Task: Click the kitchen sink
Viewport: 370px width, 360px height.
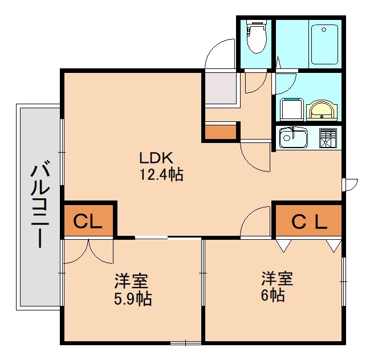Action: (293, 137)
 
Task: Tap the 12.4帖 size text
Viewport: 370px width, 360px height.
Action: (161, 174)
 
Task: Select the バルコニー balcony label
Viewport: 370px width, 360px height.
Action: (39, 205)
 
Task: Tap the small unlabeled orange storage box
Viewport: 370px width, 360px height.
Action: (219, 132)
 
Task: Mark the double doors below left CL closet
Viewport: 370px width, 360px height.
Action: (88, 252)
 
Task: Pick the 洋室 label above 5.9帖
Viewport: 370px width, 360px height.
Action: (132, 281)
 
